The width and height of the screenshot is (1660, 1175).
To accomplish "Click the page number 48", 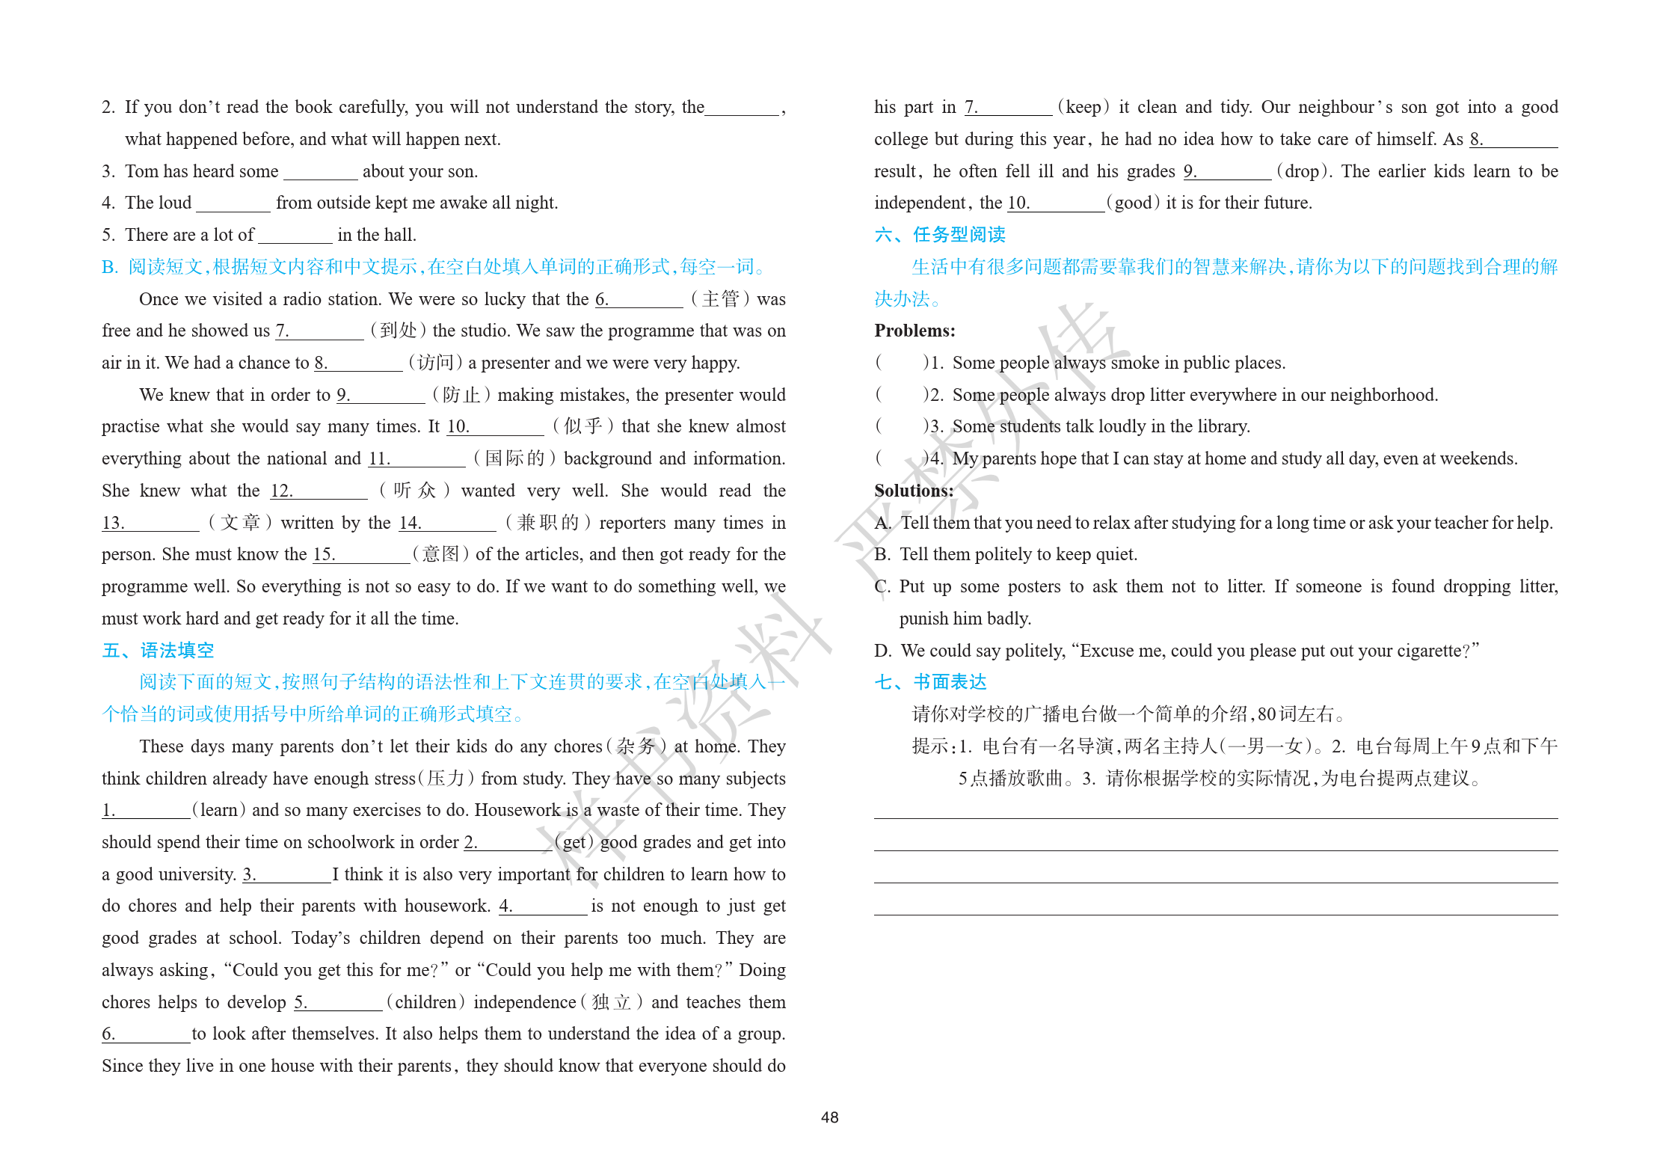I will click(x=829, y=1117).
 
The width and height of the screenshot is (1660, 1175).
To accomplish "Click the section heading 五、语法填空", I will click(x=158, y=651).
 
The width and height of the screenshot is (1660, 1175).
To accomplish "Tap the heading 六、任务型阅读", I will click(x=939, y=235).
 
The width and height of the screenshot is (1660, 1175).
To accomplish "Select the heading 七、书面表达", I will click(x=930, y=682).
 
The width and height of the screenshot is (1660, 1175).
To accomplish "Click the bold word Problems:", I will click(x=914, y=331).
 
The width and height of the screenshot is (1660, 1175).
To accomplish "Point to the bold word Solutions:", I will click(x=914, y=491).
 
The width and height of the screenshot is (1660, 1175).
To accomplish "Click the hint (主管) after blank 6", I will click(x=720, y=299).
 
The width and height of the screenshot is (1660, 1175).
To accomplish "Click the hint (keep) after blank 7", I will click(x=1083, y=107).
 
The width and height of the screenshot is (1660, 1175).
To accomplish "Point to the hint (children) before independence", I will click(x=425, y=1002).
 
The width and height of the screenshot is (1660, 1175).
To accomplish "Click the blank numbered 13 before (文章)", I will click(x=150, y=523).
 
